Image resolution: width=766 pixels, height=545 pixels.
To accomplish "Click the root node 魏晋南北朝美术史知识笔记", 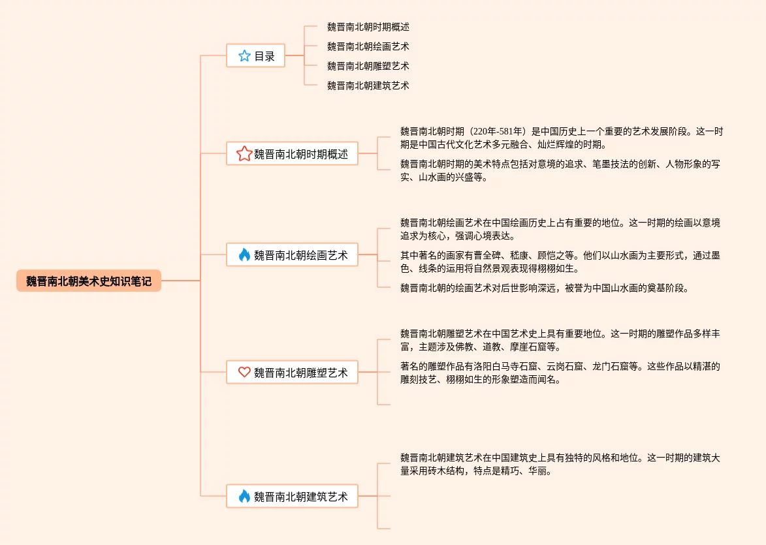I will click(x=89, y=281).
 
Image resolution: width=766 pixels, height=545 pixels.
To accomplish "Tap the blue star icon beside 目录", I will click(x=244, y=56).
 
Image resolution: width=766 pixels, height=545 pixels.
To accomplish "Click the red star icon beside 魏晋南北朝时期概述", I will click(x=244, y=154).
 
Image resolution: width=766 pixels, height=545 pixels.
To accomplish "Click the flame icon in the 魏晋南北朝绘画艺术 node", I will click(x=244, y=255).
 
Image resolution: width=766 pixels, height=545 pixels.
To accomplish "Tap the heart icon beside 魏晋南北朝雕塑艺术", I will click(x=244, y=373).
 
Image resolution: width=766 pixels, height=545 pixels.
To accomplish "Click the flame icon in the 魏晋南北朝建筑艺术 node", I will click(x=244, y=497).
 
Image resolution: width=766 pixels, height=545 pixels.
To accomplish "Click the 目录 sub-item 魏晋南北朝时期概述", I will click(x=368, y=27).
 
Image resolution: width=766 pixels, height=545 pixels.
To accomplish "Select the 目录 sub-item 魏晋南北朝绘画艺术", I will click(x=368, y=46).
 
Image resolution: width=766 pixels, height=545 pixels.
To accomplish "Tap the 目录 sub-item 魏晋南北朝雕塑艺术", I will click(x=368, y=66).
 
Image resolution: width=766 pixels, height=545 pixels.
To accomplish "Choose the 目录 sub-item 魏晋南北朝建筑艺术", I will click(x=368, y=86).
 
